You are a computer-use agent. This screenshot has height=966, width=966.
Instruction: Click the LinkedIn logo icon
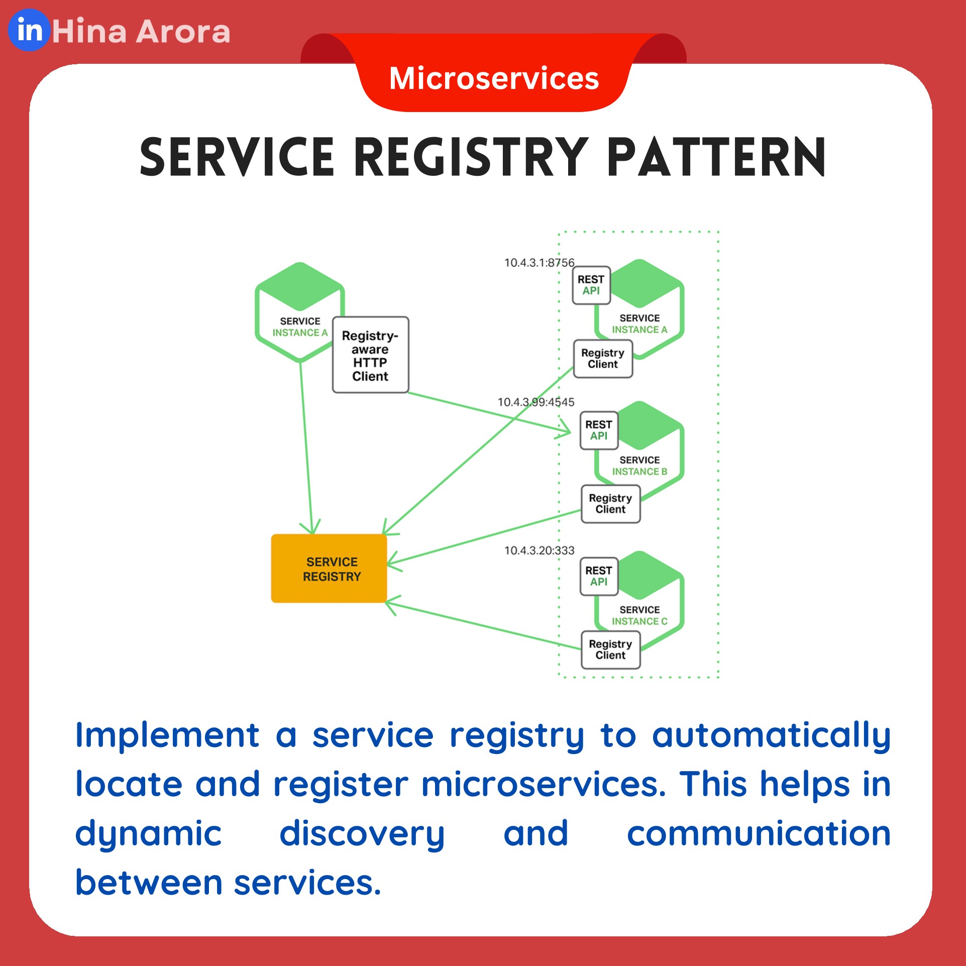[x=29, y=30]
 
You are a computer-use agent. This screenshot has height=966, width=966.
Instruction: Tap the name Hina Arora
[x=141, y=32]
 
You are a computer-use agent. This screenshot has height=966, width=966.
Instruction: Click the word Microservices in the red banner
[x=494, y=79]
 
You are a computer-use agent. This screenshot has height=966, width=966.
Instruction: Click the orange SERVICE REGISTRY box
[x=329, y=568]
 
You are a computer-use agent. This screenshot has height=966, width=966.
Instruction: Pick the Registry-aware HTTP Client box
[x=370, y=355]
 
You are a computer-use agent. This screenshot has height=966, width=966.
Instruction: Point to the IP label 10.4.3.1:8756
[x=539, y=263]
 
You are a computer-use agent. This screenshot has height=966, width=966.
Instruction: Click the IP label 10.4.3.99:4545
[x=535, y=402]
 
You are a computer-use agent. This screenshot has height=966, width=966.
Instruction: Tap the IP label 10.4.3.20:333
[x=539, y=551]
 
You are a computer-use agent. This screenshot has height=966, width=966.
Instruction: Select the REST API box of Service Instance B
[x=598, y=431]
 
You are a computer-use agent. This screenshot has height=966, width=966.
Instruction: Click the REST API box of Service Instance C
[x=598, y=576]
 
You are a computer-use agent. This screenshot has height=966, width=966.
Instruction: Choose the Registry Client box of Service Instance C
[x=610, y=650]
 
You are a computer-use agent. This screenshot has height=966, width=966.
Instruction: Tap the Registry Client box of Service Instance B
[x=610, y=504]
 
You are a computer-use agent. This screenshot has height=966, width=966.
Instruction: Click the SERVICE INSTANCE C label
[x=639, y=616]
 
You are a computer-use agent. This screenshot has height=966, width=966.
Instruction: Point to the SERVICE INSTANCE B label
[x=639, y=466]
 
